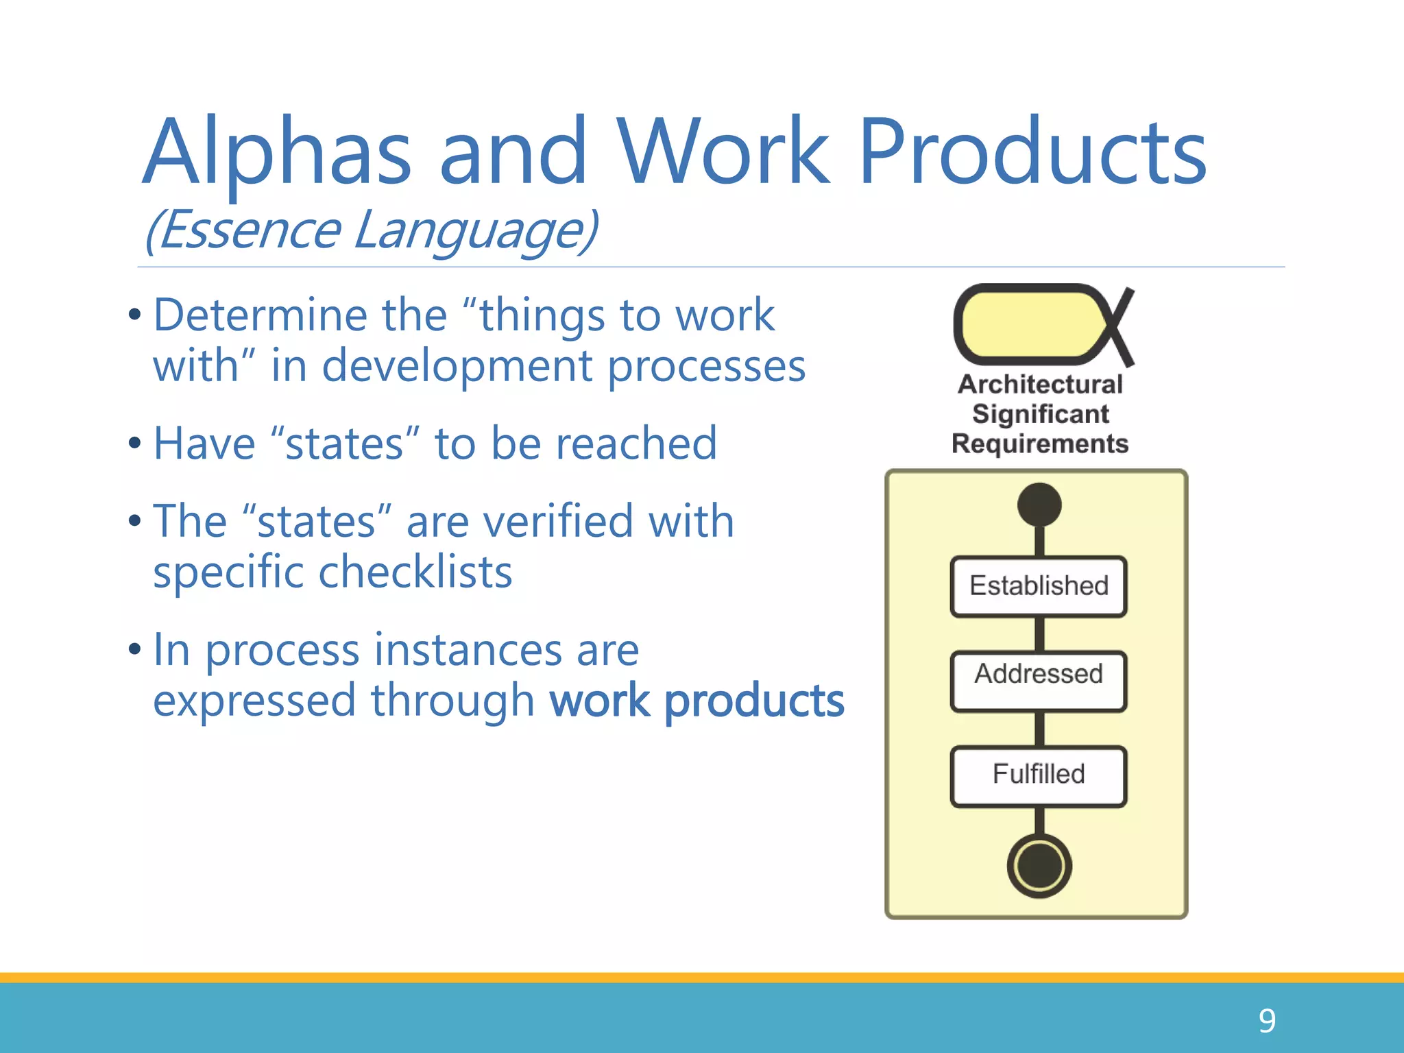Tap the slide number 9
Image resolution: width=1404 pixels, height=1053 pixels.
tap(1267, 1021)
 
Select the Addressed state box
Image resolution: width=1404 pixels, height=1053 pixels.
tap(1039, 681)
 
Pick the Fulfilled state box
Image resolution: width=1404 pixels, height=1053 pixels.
tap(1039, 775)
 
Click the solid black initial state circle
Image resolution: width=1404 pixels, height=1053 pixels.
tap(1039, 505)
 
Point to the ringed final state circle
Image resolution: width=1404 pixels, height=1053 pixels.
tap(1039, 866)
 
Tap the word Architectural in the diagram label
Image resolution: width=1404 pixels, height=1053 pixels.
tap(1040, 385)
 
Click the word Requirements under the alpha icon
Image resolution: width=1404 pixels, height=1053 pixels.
tap(1040, 444)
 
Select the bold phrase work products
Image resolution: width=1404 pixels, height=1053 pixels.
tap(697, 701)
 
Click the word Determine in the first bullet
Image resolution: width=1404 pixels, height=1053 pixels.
tap(261, 315)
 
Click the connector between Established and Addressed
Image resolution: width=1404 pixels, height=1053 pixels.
tap(1039, 633)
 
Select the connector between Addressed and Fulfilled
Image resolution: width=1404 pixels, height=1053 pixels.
tap(1039, 728)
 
